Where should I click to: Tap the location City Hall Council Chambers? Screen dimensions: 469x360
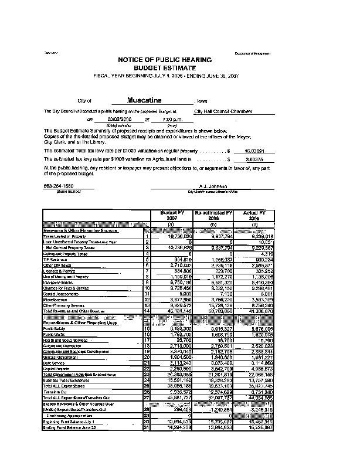[x=223, y=111]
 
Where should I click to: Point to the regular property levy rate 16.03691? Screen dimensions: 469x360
[x=248, y=151]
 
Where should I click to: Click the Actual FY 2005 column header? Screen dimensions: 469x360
[x=254, y=216]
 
